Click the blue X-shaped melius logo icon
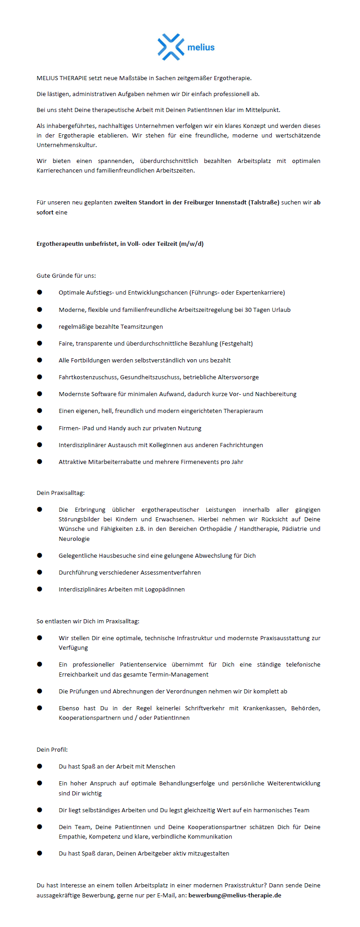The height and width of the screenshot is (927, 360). [171, 46]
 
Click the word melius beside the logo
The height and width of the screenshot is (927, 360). [201, 47]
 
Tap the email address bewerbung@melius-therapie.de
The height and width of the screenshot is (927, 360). [235, 895]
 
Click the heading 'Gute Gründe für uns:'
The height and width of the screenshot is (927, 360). [66, 275]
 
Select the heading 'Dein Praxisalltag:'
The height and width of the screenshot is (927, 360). [61, 493]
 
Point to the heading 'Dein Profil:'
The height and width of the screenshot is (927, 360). [52, 749]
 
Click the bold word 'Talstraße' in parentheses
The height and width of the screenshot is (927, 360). [264, 202]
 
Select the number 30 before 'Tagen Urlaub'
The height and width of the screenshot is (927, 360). [248, 310]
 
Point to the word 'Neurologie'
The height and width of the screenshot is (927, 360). [74, 539]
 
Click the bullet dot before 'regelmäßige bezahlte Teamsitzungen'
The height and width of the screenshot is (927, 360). [40, 326]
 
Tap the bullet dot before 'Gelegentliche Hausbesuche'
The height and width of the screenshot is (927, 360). [40, 555]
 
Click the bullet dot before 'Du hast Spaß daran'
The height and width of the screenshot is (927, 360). [40, 853]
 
